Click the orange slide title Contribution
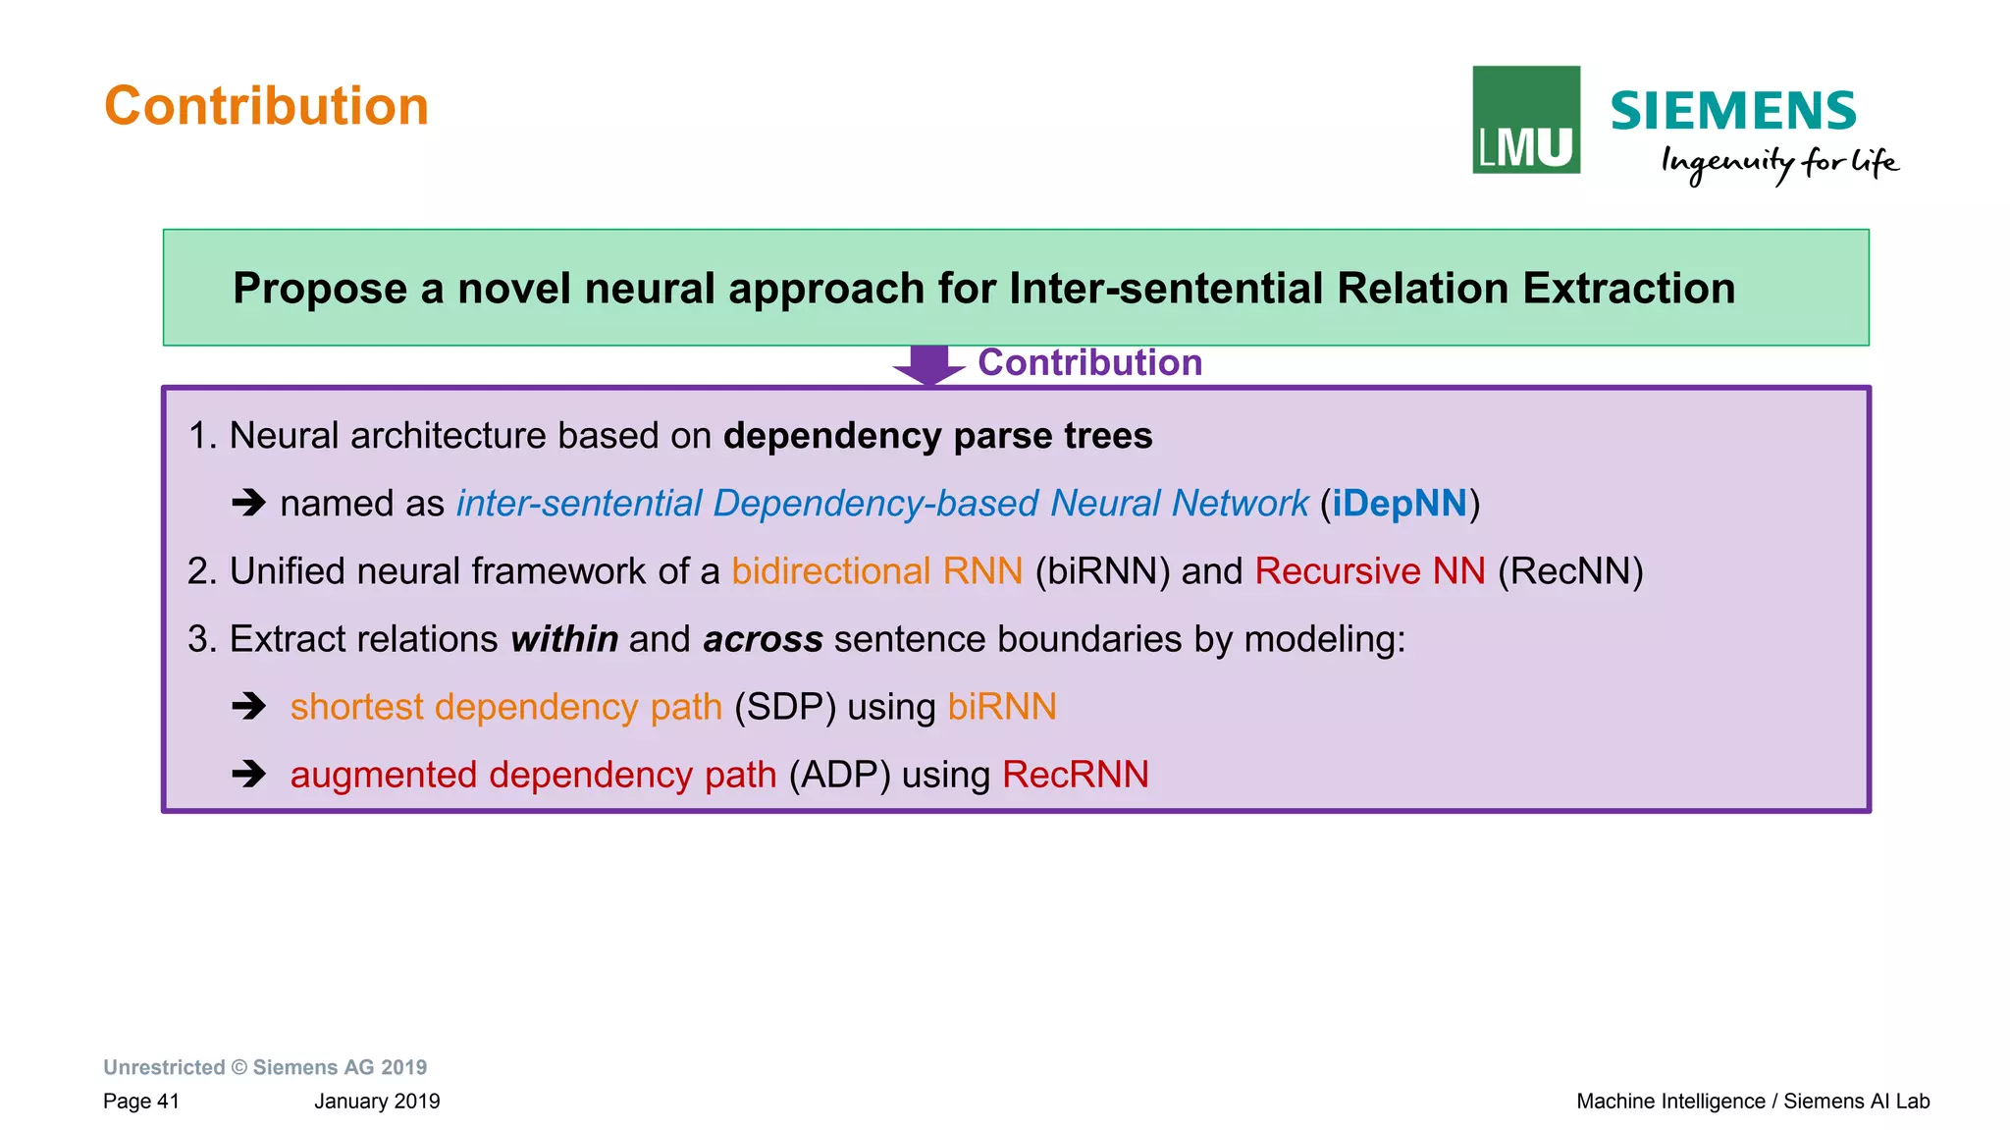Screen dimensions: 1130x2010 click(266, 106)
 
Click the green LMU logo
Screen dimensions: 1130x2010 click(1525, 120)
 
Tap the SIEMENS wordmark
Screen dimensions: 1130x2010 click(1732, 111)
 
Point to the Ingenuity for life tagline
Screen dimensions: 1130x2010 click(1778, 163)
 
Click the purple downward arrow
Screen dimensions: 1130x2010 click(927, 364)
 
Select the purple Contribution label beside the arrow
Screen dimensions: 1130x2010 click(1089, 363)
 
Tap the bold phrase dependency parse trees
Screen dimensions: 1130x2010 click(937, 436)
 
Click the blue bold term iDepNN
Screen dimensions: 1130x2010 click(1399, 504)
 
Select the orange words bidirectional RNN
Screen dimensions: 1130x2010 click(876, 571)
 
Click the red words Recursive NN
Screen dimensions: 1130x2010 click(1369, 571)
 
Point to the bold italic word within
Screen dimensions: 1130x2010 click(564, 639)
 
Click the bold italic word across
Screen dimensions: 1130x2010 click(763, 639)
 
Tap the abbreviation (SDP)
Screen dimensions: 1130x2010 click(784, 707)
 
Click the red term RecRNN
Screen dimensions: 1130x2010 click(1075, 775)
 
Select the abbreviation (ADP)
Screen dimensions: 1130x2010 click(839, 775)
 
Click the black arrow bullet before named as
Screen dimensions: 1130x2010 click(248, 504)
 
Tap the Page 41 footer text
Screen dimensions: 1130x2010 click(141, 1102)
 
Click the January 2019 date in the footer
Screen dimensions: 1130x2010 click(377, 1102)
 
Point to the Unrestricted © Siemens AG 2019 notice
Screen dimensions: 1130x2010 click(265, 1067)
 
